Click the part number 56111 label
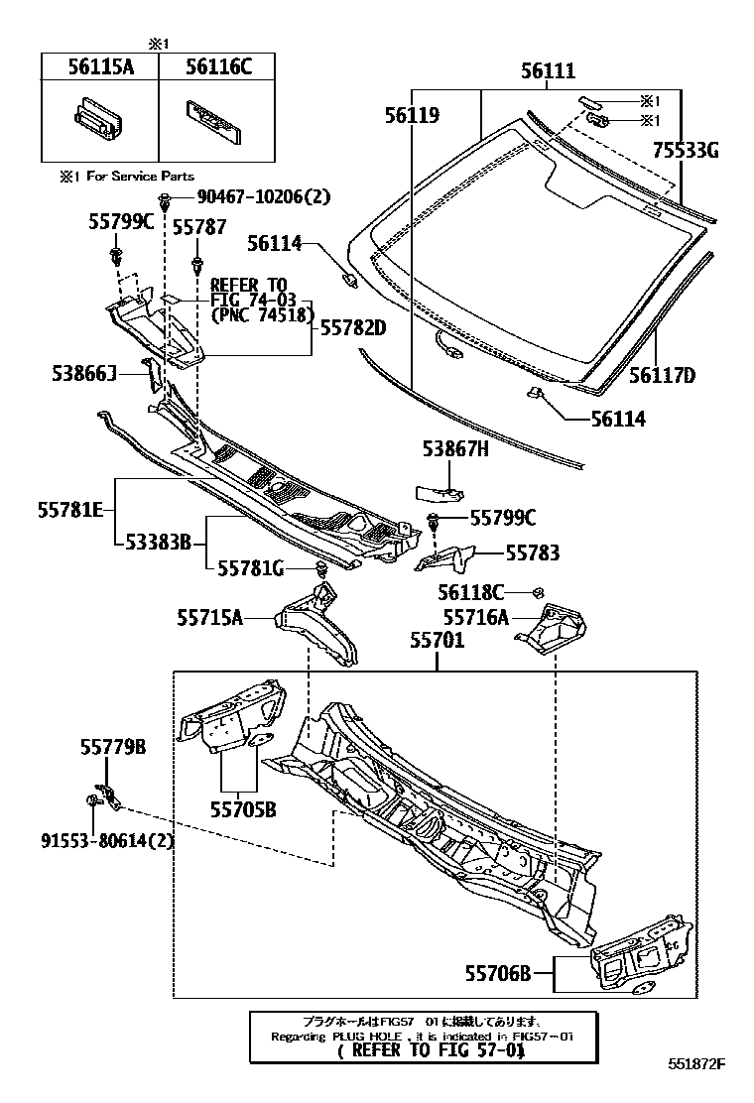point(548,72)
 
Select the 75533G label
point(685,151)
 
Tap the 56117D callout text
point(662,375)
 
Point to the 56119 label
point(412,116)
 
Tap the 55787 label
point(198,227)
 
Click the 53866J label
point(85,373)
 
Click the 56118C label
point(471,592)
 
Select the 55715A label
point(209,618)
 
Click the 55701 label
point(438,643)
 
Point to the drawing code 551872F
point(696,1065)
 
